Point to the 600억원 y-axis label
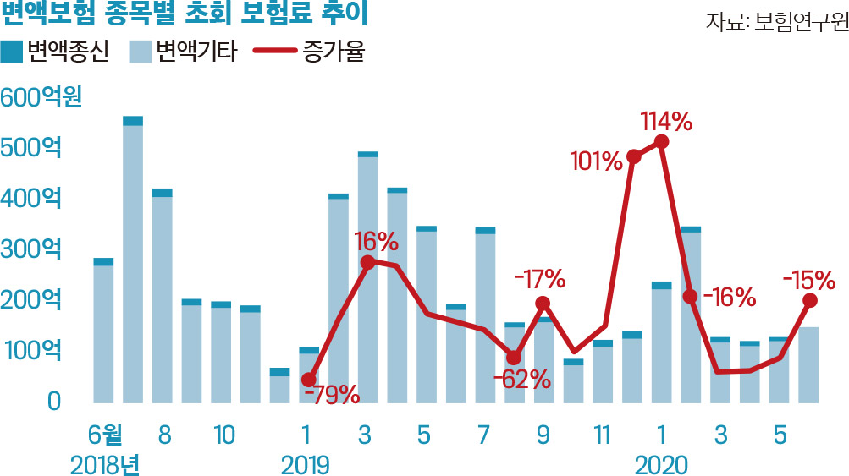tap(41, 96)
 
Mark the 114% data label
tap(666, 122)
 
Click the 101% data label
tap(597, 158)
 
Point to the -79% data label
tap(331, 394)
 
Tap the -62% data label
tap(522, 378)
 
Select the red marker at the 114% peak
tap(662, 141)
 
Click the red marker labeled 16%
tap(367, 263)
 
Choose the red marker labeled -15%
tap(809, 300)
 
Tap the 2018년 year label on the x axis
tap(103, 464)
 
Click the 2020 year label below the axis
tap(662, 464)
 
